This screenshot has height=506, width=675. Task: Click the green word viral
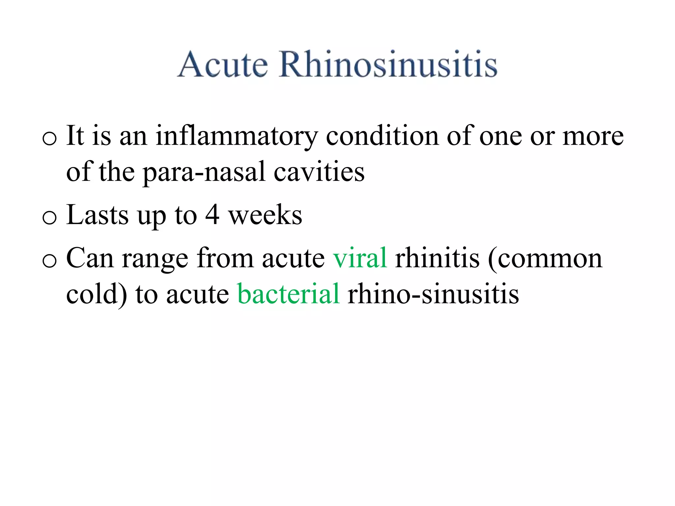(360, 258)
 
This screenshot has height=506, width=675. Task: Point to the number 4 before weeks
(212, 215)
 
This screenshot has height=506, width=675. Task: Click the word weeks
(265, 215)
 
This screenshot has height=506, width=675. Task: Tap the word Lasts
(97, 215)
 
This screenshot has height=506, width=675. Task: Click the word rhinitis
(437, 258)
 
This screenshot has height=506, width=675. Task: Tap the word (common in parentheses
(545, 259)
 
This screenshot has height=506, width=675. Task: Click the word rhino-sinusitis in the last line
(433, 294)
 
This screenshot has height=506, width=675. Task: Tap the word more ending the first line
(593, 136)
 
